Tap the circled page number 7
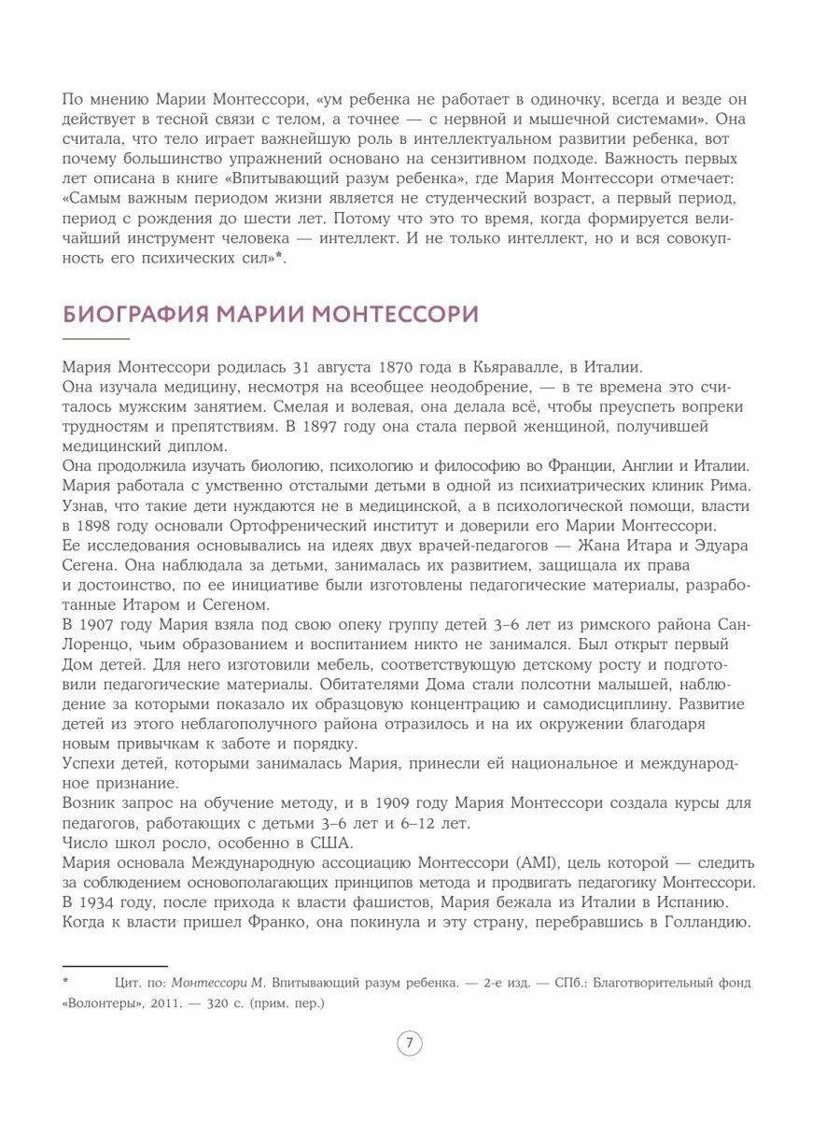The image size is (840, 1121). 409,1043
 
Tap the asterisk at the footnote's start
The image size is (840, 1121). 66,982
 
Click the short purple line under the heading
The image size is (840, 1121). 96,337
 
